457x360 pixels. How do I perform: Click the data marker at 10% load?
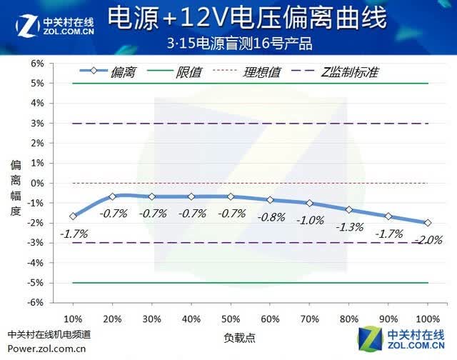click(73, 216)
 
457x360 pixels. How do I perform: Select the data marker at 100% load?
click(428, 223)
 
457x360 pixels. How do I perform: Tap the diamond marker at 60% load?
click(270, 200)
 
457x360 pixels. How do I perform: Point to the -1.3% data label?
click(350, 227)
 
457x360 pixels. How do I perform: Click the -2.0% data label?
click(428, 240)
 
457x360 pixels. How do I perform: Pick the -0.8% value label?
click(271, 217)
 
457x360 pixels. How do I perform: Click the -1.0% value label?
click(310, 221)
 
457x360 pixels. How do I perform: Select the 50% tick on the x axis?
click(231, 319)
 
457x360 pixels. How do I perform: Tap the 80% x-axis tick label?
click(349, 319)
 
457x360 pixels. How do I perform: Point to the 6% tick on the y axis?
click(37, 64)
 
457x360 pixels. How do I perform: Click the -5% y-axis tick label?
click(35, 283)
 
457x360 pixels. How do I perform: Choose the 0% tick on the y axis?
click(37, 184)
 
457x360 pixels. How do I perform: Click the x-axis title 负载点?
click(240, 338)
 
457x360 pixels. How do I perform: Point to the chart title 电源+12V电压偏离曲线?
click(248, 18)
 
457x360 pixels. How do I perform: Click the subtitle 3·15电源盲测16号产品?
click(240, 44)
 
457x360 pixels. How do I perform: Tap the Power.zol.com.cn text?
click(46, 349)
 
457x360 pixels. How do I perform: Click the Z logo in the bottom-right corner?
click(370, 339)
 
